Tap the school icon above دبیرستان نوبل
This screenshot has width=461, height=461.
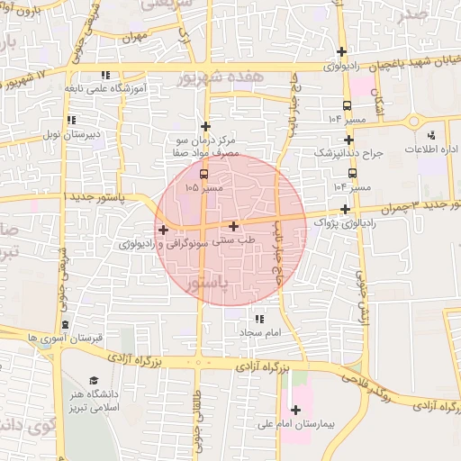pos(71,120)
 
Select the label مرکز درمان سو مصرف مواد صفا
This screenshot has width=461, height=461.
pos(206,148)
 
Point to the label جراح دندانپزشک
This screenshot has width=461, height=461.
pos(348,154)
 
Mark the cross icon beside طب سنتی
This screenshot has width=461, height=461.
pos(234,227)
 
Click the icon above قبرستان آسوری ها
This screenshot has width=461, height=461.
pos(65,324)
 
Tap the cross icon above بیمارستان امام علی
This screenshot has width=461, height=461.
pos(295,411)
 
